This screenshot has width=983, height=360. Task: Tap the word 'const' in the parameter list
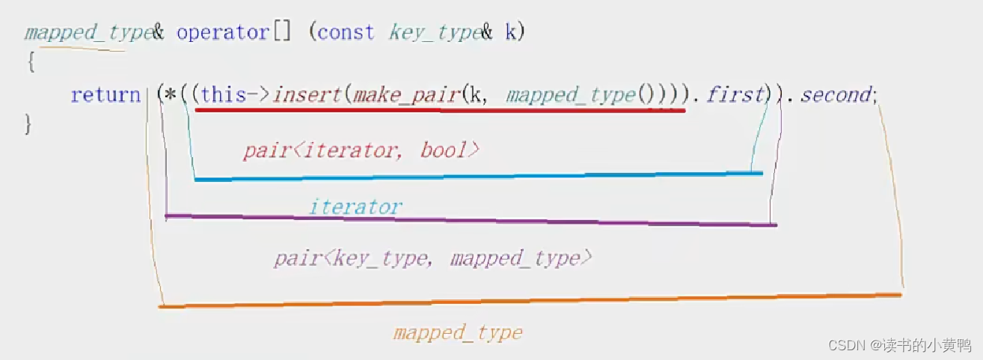(x=346, y=34)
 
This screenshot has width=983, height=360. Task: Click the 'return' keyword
(x=105, y=96)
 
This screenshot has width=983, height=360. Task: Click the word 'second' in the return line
(x=836, y=95)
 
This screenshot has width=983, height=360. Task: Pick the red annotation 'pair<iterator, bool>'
(x=361, y=150)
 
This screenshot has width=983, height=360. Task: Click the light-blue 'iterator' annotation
(x=355, y=207)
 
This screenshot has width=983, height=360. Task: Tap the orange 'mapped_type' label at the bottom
(x=458, y=333)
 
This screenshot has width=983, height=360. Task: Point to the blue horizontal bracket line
(x=479, y=177)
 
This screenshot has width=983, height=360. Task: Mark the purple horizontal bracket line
(x=471, y=220)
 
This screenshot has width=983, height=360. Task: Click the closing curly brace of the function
(x=28, y=124)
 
